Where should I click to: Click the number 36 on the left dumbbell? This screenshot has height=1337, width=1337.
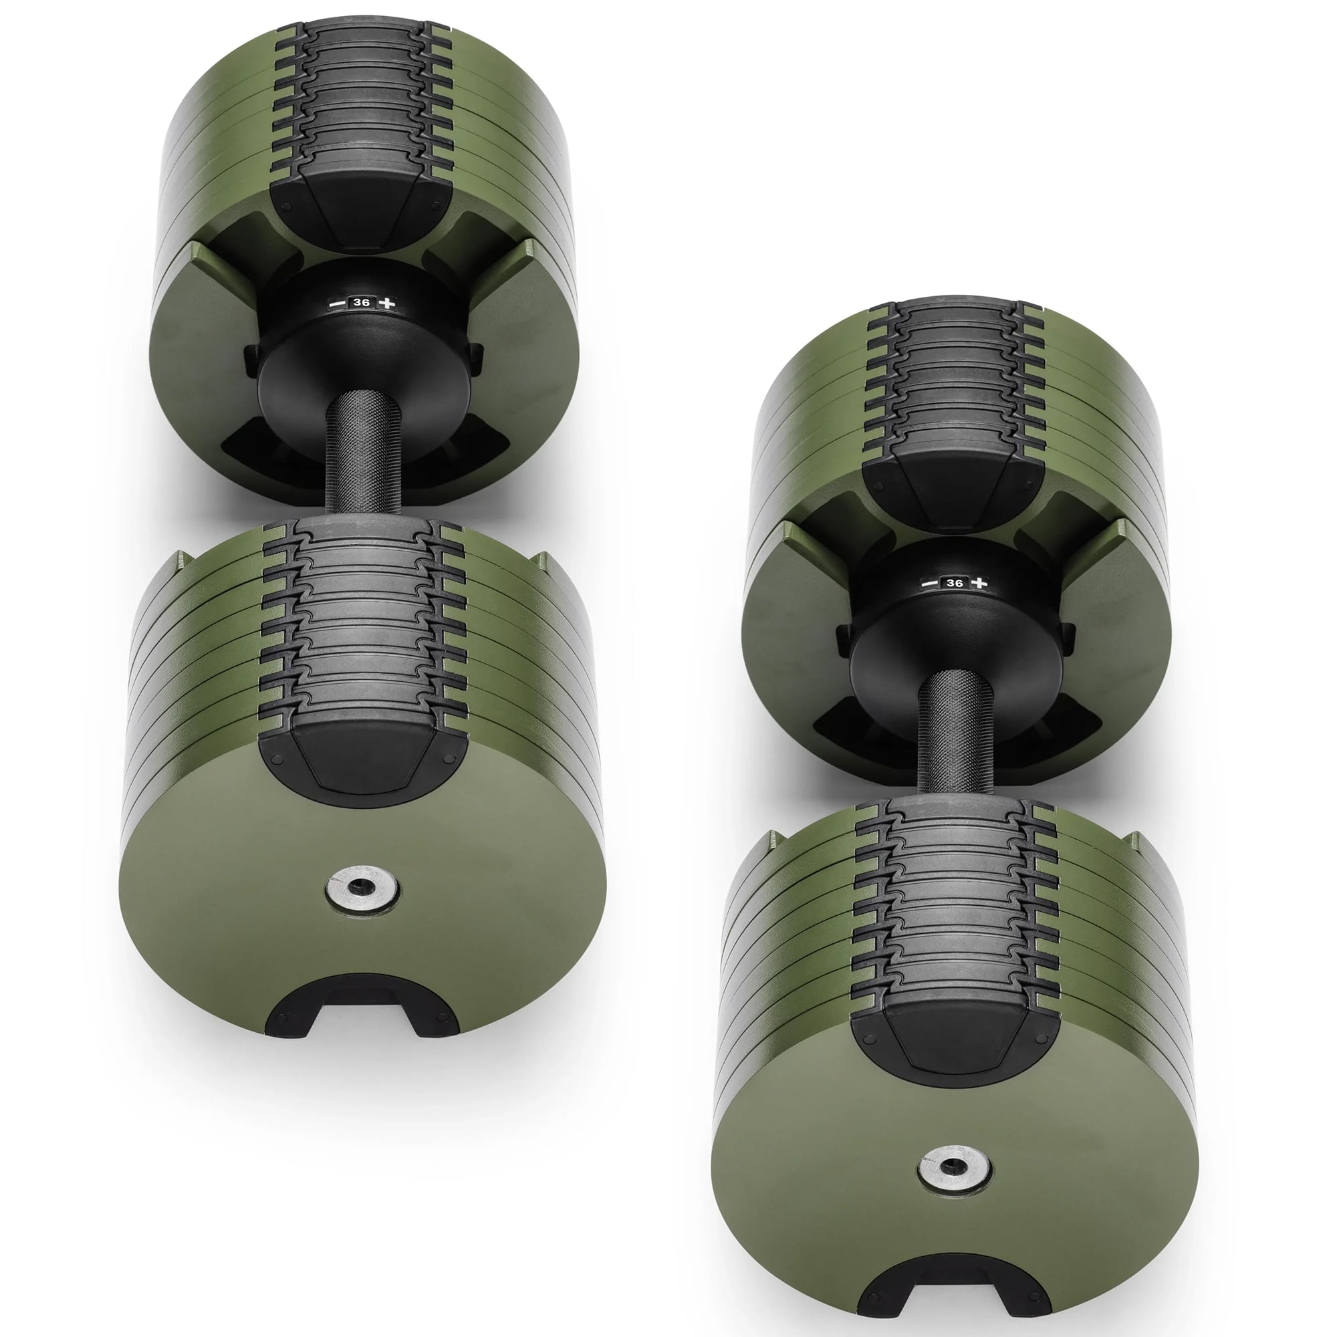[x=360, y=303]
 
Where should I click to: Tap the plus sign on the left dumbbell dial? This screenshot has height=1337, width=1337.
[x=388, y=302]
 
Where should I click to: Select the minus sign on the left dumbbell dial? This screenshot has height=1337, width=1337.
[x=336, y=303]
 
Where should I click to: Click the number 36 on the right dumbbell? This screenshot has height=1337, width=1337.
[x=955, y=584]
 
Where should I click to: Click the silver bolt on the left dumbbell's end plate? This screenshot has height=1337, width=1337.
[x=361, y=887]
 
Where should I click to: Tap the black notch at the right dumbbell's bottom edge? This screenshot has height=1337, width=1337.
[x=954, y=1286]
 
